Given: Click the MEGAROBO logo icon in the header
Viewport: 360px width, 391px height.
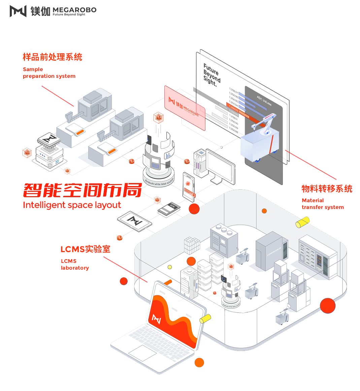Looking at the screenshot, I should click(x=18, y=11).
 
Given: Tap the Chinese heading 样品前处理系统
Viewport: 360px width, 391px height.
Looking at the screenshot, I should click(x=52, y=57).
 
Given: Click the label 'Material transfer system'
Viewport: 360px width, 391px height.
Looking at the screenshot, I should click(x=322, y=204).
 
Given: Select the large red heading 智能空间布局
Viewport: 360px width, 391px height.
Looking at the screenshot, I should click(x=82, y=190).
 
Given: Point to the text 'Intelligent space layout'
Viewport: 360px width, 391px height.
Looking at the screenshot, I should click(x=72, y=205).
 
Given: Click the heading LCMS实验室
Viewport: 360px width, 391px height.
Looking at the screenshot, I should click(x=85, y=249).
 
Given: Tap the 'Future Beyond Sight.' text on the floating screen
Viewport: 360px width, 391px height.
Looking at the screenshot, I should click(x=211, y=74).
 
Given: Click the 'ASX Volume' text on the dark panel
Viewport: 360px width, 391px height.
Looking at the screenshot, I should click(x=264, y=100).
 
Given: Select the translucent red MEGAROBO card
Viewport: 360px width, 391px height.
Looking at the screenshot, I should click(x=185, y=108).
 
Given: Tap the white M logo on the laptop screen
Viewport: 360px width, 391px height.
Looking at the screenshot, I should click(x=157, y=319).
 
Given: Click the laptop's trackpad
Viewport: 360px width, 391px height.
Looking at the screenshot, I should click(x=142, y=353).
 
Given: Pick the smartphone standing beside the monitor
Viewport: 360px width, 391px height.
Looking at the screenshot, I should click(x=188, y=187).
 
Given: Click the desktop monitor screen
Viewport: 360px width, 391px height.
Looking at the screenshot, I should click(x=221, y=165).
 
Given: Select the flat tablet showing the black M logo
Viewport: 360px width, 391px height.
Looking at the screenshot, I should click(x=134, y=221).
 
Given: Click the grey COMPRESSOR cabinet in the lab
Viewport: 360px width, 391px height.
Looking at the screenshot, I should click(x=269, y=251).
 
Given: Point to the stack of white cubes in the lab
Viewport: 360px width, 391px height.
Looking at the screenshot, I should click(x=192, y=245).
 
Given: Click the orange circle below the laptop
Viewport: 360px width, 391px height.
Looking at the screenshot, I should click(x=199, y=363).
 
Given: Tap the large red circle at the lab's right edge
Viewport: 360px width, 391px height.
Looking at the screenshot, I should click(x=327, y=306).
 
